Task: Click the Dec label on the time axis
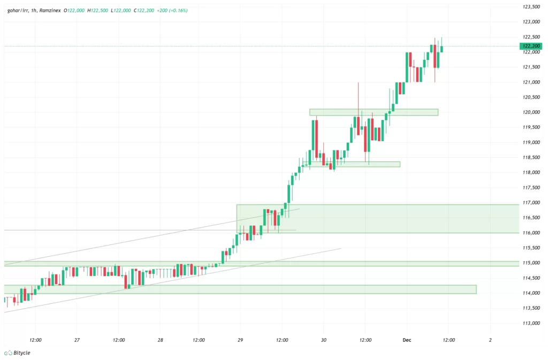pos(406,340)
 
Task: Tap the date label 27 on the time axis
pos(77,340)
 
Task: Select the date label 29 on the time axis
pos(240,340)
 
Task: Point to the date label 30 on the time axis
pos(324,340)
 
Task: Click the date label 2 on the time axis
pos(490,340)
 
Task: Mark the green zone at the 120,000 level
pos(374,112)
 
